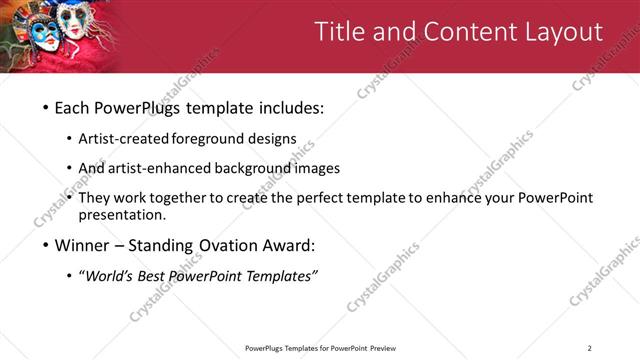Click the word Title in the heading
[x=340, y=32]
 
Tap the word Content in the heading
[x=459, y=32]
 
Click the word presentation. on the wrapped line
[x=122, y=214]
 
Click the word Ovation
[x=231, y=245]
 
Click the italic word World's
[x=109, y=276]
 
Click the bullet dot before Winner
[x=46, y=245]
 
